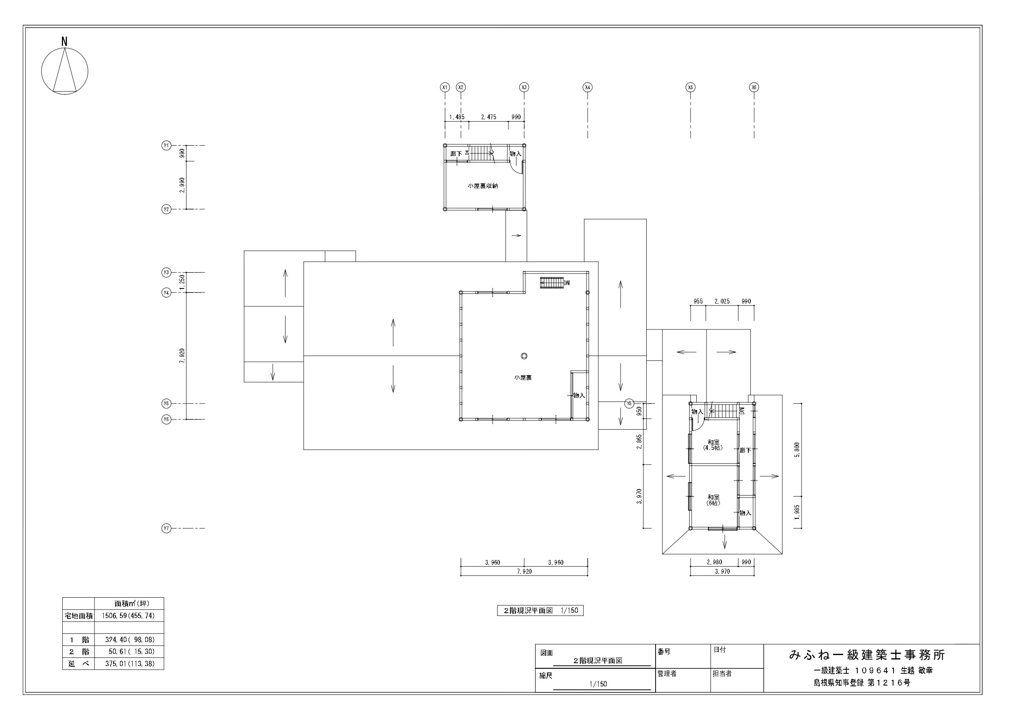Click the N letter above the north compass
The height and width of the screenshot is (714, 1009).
pyautogui.click(x=64, y=41)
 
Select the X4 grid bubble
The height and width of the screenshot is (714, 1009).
pyautogui.click(x=588, y=87)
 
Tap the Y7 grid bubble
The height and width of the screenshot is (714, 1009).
pyautogui.click(x=166, y=528)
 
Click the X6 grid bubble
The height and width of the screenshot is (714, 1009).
pyautogui.click(x=754, y=87)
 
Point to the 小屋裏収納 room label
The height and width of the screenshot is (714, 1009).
pyautogui.click(x=483, y=186)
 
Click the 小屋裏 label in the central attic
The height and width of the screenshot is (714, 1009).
pyautogui.click(x=523, y=378)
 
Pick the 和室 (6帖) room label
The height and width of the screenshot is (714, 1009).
pyautogui.click(x=713, y=500)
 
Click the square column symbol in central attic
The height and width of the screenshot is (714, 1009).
pyautogui.click(x=523, y=356)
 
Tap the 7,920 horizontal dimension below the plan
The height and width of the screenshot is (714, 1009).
pyautogui.click(x=524, y=572)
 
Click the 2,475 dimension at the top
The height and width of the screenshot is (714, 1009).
pyautogui.click(x=488, y=117)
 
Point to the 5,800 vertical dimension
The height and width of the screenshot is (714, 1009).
pyautogui.click(x=797, y=450)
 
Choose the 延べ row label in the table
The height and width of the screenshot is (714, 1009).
pyautogui.click(x=78, y=664)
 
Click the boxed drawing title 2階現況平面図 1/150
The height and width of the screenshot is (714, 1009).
pyautogui.click(x=540, y=611)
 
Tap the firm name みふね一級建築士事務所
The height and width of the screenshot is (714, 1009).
pyautogui.click(x=867, y=655)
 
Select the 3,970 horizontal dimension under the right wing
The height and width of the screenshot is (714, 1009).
pyautogui.click(x=722, y=572)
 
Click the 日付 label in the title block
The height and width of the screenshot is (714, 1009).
pyautogui.click(x=720, y=650)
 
